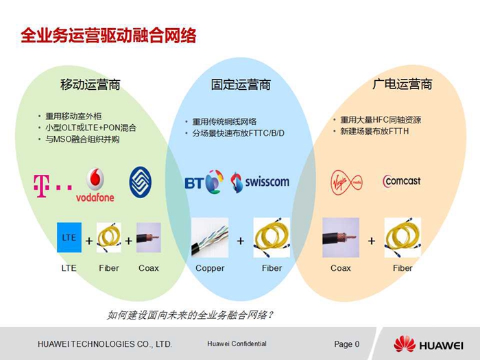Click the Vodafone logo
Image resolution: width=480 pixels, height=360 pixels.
(x=95, y=185)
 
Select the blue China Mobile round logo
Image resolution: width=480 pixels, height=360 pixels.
(x=140, y=182)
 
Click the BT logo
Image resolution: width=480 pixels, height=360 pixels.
(x=204, y=182)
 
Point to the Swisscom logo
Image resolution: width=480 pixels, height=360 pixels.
(x=260, y=182)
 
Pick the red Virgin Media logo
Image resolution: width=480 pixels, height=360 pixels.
(x=346, y=182)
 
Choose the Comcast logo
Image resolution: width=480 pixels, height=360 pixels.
(x=402, y=181)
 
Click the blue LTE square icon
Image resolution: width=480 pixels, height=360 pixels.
(x=69, y=237)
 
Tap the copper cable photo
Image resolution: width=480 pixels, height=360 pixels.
(x=210, y=237)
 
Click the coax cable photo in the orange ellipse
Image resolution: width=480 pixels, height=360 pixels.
(x=341, y=237)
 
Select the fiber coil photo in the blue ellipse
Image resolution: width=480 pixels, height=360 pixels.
(x=272, y=237)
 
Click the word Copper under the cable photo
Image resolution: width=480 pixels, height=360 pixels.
(x=210, y=269)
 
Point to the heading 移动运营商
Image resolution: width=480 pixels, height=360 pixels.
(x=91, y=84)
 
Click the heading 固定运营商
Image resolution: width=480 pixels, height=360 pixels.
(x=241, y=84)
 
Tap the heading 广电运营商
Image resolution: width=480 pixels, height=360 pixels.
(x=403, y=84)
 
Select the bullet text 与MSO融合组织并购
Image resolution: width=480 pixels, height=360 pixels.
(x=82, y=140)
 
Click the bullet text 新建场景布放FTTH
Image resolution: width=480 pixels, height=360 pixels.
(x=374, y=132)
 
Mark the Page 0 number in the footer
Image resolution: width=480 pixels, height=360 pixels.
(x=347, y=344)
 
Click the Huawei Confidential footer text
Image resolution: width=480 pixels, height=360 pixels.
(x=237, y=344)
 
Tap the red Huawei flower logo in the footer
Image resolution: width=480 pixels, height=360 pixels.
(x=405, y=344)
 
